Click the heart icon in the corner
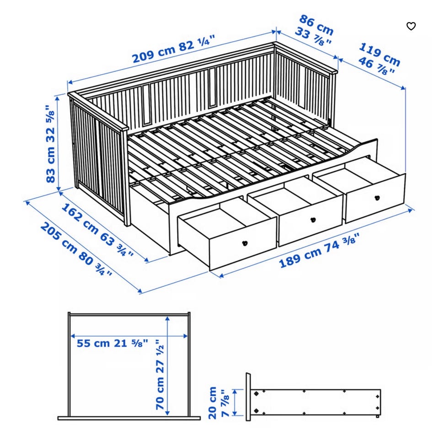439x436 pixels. tap(411, 27)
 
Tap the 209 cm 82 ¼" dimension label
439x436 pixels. tap(174, 50)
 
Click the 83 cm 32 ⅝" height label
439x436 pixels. tap(51, 144)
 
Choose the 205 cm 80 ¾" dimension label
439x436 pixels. tap(76, 249)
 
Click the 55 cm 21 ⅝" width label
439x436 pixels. tap(112, 343)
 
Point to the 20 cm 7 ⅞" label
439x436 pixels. tap(219, 403)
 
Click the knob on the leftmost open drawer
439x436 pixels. tap(245, 243)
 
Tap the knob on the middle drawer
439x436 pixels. tap(312, 220)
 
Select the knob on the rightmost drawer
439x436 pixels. tap(377, 198)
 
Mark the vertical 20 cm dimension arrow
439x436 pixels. tap(235, 402)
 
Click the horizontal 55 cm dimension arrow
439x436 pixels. tap(129, 336)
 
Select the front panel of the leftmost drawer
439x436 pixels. tap(243, 247)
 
